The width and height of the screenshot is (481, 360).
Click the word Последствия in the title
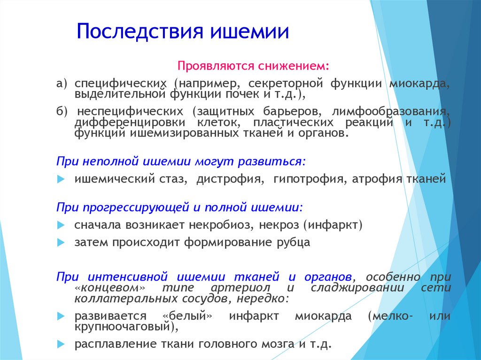140,31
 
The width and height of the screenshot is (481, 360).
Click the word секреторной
285,84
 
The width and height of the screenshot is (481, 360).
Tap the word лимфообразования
391,111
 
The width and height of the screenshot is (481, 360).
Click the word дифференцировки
130,123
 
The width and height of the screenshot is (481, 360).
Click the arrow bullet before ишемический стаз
61,179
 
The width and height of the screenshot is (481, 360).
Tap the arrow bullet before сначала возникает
61,225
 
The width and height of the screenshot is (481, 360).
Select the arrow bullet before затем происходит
61,243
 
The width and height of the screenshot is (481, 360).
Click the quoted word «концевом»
110,288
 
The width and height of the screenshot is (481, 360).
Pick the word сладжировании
357,288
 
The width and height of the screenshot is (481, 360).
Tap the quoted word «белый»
187,316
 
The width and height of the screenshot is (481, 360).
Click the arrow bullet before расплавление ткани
61,345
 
